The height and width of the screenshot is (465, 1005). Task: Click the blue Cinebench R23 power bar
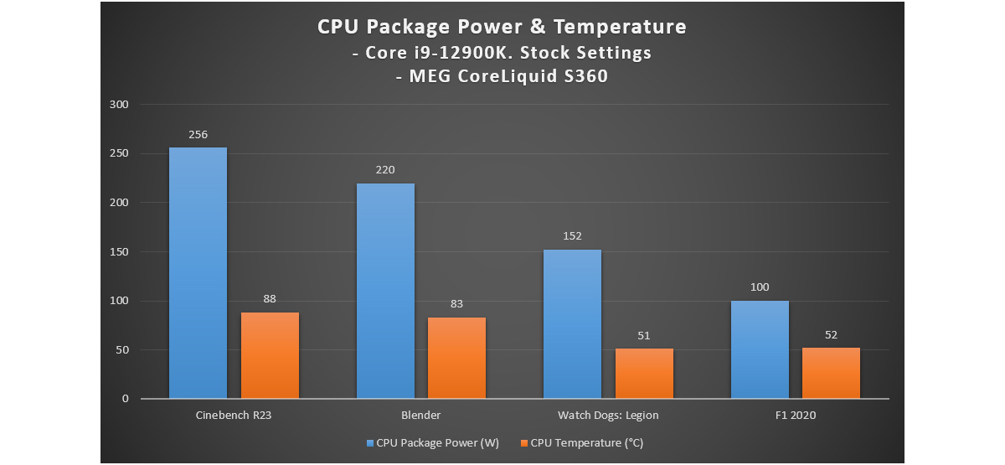pos(198,273)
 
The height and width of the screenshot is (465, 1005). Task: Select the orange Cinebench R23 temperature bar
pos(270,355)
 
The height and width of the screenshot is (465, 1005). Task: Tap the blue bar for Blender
pos(385,291)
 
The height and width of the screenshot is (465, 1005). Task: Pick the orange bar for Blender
pos(456,358)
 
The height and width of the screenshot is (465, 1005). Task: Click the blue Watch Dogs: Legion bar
pos(572,324)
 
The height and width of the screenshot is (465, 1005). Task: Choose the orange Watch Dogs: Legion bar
pos(644,374)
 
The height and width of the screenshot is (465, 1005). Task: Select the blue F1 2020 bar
pos(760,349)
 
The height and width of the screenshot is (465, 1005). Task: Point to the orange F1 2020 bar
pos(831,373)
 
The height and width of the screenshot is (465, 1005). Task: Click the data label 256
pos(198,134)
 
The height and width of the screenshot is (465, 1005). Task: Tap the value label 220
pos(385,169)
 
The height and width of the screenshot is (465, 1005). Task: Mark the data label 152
pos(572,236)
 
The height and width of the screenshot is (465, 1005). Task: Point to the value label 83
pos(456,304)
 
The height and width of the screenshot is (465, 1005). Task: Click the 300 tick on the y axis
pos(120,105)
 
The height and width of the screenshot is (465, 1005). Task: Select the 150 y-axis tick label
pos(120,252)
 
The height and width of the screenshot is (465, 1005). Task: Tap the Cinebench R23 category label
pos(234,416)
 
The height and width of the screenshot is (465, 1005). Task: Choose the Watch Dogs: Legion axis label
pos(608,416)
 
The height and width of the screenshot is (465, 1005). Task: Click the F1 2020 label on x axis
pos(796,416)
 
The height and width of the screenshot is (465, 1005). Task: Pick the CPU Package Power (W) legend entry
pos(432,442)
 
